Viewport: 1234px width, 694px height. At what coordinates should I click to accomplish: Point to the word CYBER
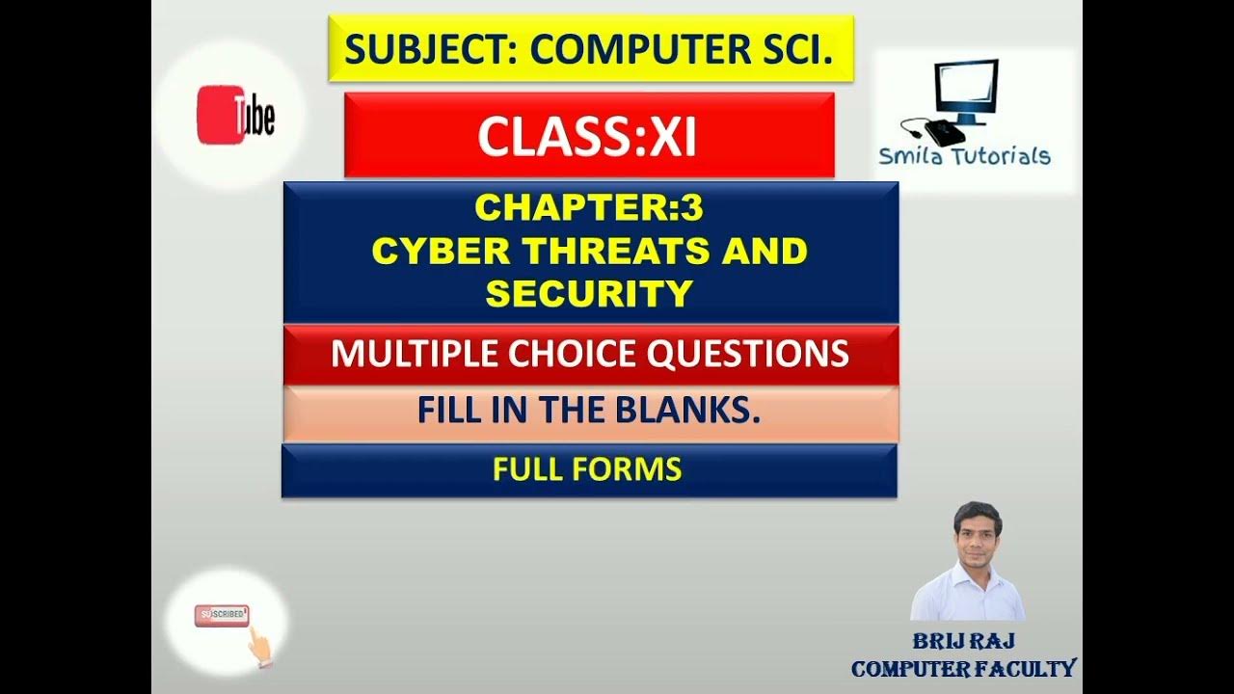(426, 251)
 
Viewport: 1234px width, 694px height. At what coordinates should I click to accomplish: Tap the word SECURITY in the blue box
(589, 293)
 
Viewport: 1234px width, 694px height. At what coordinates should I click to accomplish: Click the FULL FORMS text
(587, 469)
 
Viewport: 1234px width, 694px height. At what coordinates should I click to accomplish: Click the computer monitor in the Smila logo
(967, 89)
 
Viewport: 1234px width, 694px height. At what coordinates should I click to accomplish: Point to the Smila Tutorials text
(964, 156)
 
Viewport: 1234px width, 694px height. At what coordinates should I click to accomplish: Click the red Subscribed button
(222, 615)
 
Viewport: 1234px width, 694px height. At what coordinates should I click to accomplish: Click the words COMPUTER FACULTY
(963, 668)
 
